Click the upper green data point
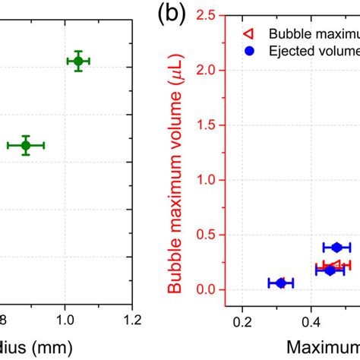[78, 61]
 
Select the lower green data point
[26, 144]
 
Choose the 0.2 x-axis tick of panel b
[242, 321]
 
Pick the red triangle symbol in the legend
[247, 34]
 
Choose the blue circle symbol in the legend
[247, 51]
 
